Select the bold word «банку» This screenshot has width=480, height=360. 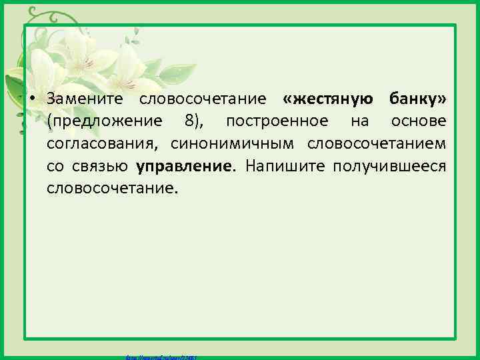point(418,99)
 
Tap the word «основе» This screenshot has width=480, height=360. point(419,121)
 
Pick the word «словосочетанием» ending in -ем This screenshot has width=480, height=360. point(377,143)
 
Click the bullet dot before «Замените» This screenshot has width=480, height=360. point(31,99)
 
